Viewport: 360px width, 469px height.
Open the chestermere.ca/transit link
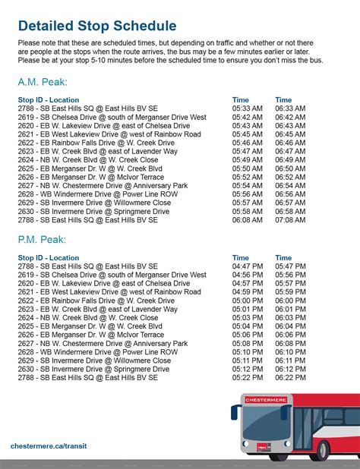tap(52, 445)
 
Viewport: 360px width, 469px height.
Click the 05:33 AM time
tap(247, 109)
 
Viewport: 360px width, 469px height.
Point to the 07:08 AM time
tap(290, 220)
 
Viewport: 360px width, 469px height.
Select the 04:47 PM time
tap(247, 266)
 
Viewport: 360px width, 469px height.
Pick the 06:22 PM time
tap(290, 377)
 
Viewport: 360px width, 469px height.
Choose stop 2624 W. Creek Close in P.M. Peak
tap(88, 317)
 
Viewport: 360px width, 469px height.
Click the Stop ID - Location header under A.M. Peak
tap(49, 100)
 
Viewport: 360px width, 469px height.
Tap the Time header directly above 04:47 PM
tap(240, 258)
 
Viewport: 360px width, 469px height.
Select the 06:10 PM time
tap(290, 351)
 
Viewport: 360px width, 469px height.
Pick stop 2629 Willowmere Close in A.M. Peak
tap(94, 203)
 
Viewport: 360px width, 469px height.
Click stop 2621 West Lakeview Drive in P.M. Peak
tap(109, 292)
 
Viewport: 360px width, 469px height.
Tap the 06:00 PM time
tap(290, 301)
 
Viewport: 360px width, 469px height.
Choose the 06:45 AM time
tap(290, 134)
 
